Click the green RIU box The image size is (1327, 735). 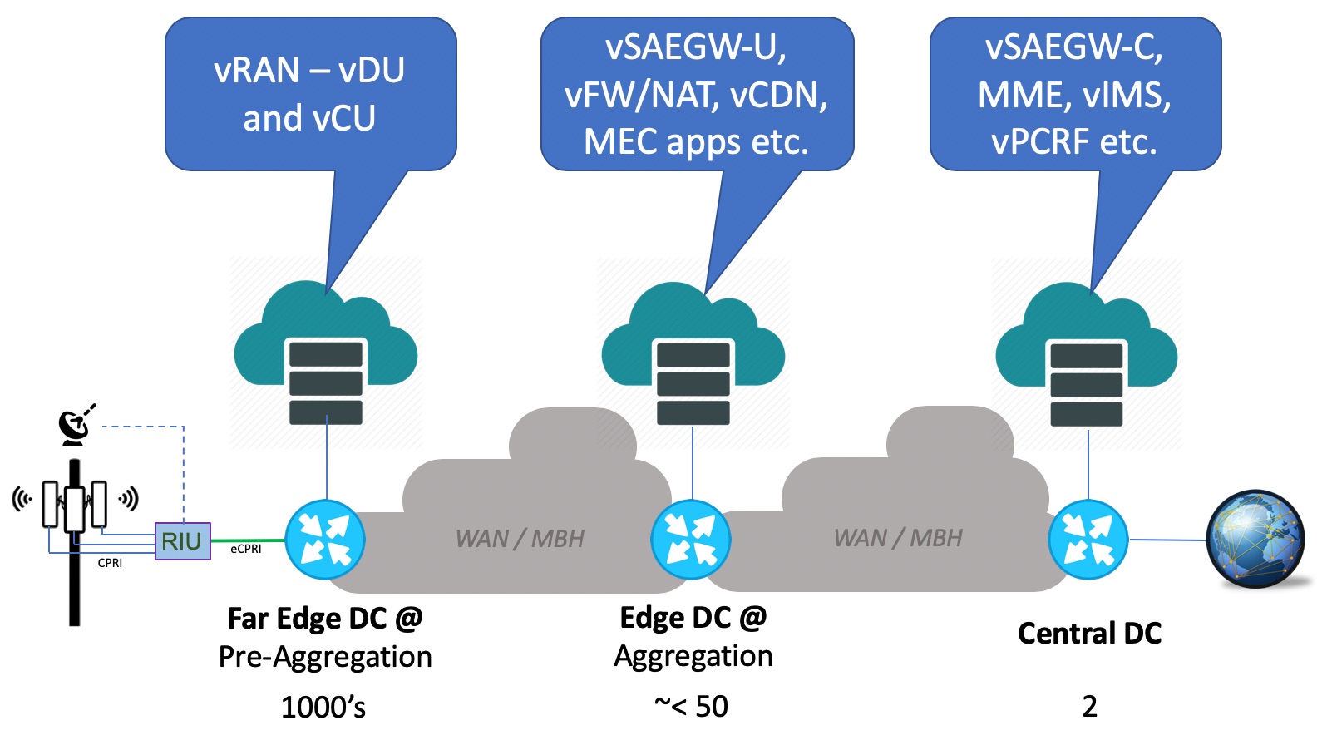click(183, 541)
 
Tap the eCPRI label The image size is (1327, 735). click(246, 549)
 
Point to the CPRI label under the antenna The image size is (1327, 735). click(110, 563)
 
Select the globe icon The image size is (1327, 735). click(1255, 539)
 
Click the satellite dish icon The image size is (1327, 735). click(76, 425)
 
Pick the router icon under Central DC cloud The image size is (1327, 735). click(1088, 540)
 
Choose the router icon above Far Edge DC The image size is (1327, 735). click(325, 540)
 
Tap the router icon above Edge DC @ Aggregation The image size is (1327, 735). click(691, 540)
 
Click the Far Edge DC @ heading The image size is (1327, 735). click(325, 619)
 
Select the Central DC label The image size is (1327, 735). click(1089, 634)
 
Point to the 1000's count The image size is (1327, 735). click(323, 708)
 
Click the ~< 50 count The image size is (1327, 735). click(691, 707)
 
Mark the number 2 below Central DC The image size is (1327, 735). click(1089, 707)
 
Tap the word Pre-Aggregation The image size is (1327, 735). click(325, 657)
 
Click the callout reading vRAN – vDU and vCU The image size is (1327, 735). click(310, 94)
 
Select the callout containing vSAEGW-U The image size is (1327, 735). click(697, 94)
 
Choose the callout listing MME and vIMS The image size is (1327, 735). click(1075, 94)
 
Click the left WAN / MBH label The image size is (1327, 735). click(520, 539)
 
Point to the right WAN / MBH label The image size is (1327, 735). click(898, 538)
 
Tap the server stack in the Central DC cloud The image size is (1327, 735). click(1087, 384)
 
